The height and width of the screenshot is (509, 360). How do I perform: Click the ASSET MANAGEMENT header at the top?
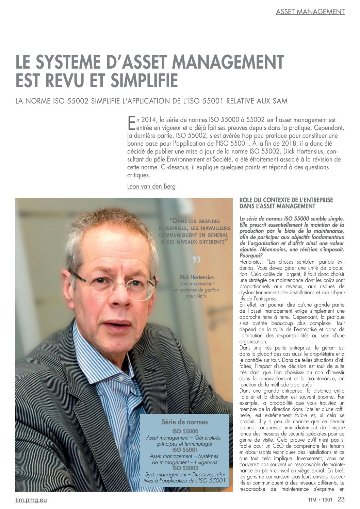click(x=310, y=12)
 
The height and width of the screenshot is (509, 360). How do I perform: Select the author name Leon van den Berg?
click(x=151, y=186)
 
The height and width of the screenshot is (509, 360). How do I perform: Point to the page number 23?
click(x=341, y=499)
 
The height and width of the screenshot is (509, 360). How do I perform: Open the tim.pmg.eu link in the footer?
click(x=31, y=500)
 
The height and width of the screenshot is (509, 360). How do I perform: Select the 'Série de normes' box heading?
click(x=184, y=422)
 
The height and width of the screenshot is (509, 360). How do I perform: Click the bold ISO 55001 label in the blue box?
click(x=185, y=450)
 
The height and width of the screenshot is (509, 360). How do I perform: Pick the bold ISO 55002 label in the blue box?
click(x=185, y=468)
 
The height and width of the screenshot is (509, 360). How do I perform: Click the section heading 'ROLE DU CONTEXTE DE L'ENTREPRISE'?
click(x=286, y=200)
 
